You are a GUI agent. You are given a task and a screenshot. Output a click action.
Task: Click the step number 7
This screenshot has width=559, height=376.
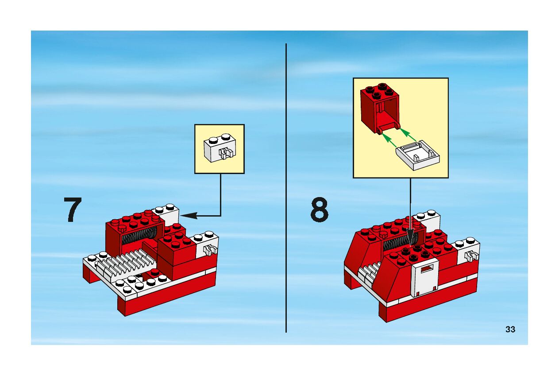pyautogui.click(x=73, y=210)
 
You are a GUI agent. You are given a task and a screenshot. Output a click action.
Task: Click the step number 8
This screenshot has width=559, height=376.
pyautogui.click(x=319, y=210)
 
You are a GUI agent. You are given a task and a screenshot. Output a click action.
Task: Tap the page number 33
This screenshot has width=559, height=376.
pyautogui.click(x=510, y=329)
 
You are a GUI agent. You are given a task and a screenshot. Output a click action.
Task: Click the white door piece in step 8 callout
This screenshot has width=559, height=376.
pyautogui.click(x=417, y=155)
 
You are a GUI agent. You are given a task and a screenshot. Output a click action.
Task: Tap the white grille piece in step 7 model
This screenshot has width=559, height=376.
pyautogui.click(x=124, y=261)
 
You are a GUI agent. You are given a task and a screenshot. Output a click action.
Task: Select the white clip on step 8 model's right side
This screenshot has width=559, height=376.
pyautogui.click(x=471, y=256)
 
